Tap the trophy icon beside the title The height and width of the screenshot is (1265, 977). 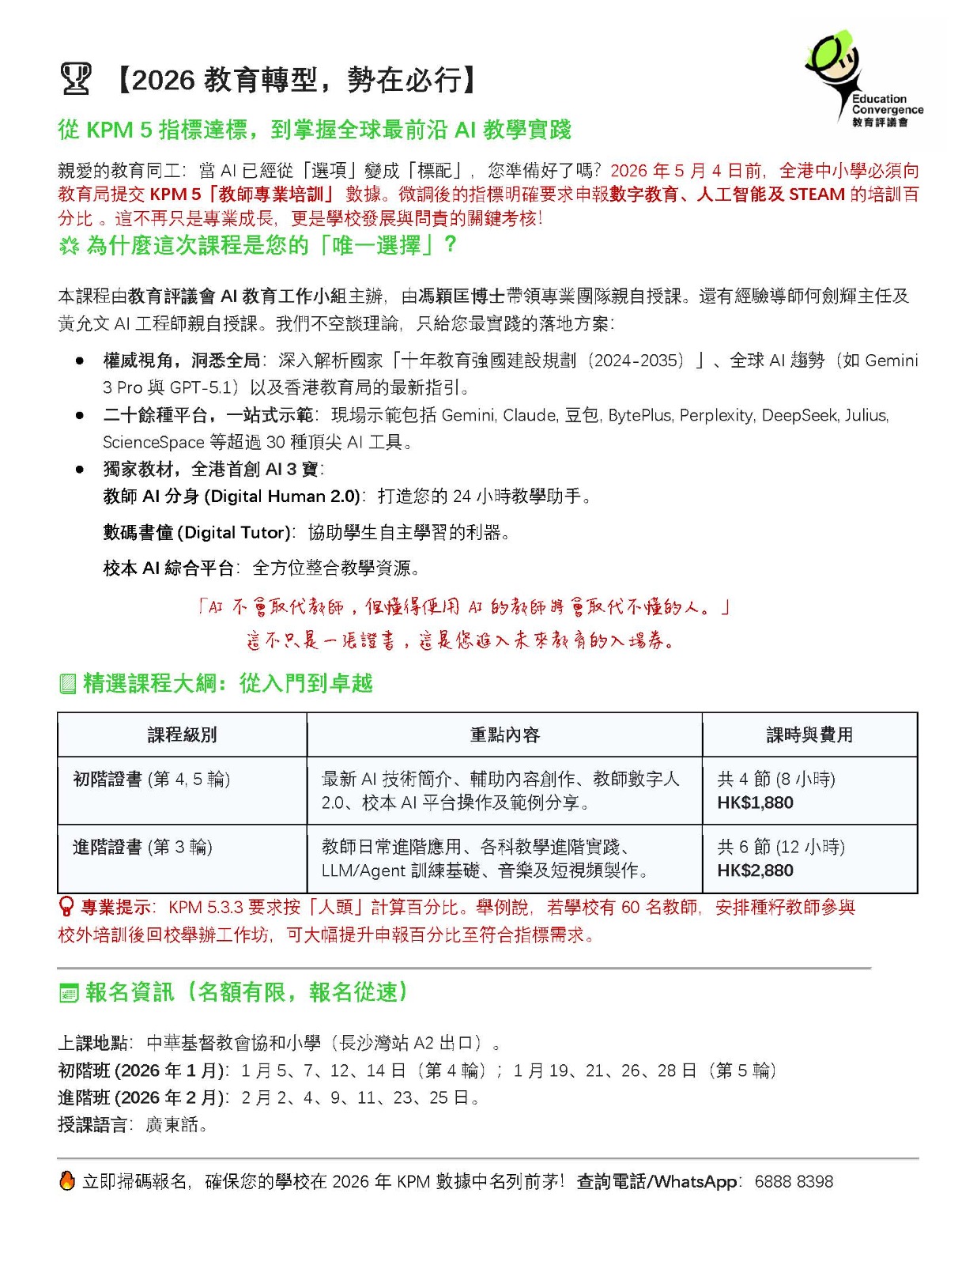76,79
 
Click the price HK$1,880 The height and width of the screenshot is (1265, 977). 755,802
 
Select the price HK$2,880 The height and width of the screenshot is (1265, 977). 755,870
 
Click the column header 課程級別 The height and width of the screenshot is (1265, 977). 182,734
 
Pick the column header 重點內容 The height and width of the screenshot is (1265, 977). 504,734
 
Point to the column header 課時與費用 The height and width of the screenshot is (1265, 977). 809,734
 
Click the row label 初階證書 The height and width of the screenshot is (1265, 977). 108,779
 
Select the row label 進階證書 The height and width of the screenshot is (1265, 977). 108,847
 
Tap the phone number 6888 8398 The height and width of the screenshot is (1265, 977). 794,1181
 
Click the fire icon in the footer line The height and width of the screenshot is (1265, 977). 67,1180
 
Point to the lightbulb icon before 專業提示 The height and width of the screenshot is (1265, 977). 66,907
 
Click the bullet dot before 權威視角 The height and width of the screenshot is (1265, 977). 80,361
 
